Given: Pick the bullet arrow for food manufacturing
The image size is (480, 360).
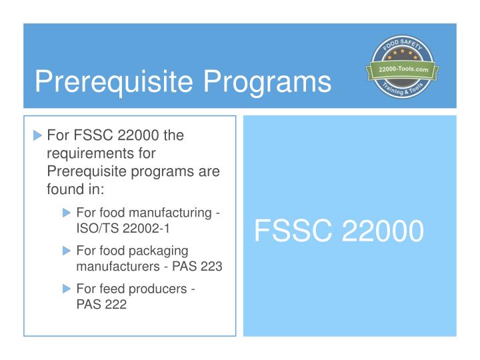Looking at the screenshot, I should click(x=66, y=213).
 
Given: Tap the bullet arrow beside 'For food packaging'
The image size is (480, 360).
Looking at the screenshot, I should click(x=66, y=251).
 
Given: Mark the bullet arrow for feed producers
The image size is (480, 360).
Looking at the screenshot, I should click(x=66, y=289).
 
